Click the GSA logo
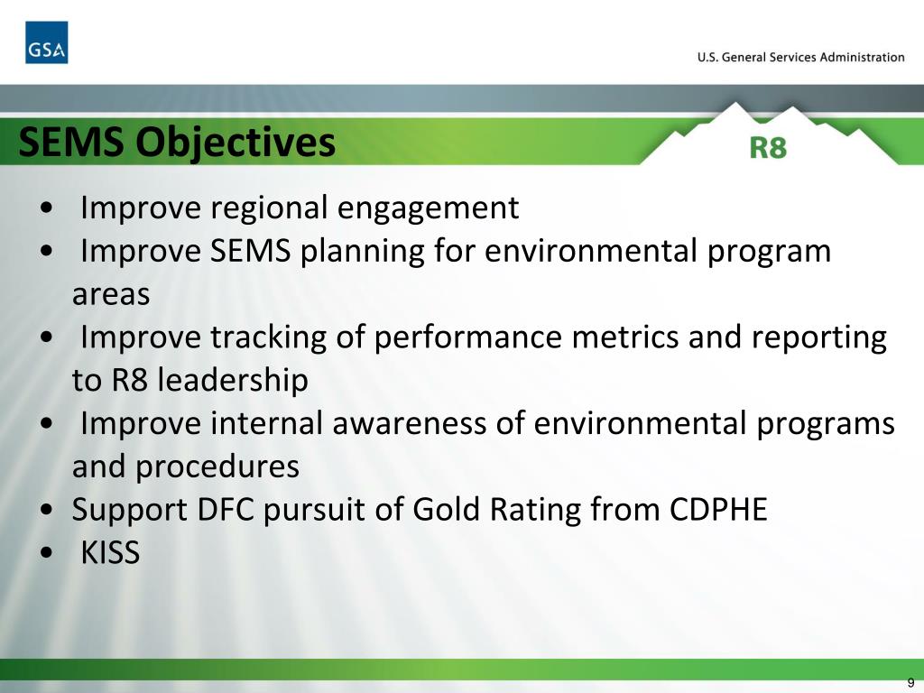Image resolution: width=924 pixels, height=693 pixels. pos(46,42)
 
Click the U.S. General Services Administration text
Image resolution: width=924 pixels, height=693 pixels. pos(800,57)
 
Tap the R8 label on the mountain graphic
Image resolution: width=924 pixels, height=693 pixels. pos(768,147)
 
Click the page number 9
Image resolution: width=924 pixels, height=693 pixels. pos(910,682)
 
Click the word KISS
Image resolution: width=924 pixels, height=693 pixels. pos(110,552)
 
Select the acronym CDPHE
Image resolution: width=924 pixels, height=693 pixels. pos(718,510)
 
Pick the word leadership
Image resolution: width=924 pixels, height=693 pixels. pos(233,380)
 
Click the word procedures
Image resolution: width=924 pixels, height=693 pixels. pos(217,467)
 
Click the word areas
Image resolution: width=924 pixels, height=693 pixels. pos(110,294)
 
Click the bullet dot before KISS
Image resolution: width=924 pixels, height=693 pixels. pos(45,554)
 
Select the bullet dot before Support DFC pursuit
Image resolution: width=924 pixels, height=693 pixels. pos(45,511)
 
